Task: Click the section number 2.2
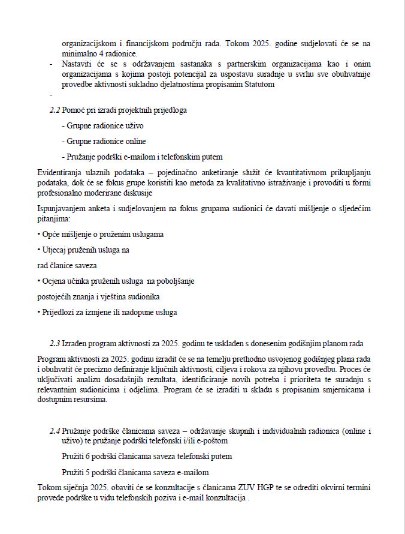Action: [55, 110]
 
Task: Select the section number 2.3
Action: [55, 343]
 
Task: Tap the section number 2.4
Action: [55, 431]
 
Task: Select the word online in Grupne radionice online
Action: [134, 141]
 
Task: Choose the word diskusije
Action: [137, 193]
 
